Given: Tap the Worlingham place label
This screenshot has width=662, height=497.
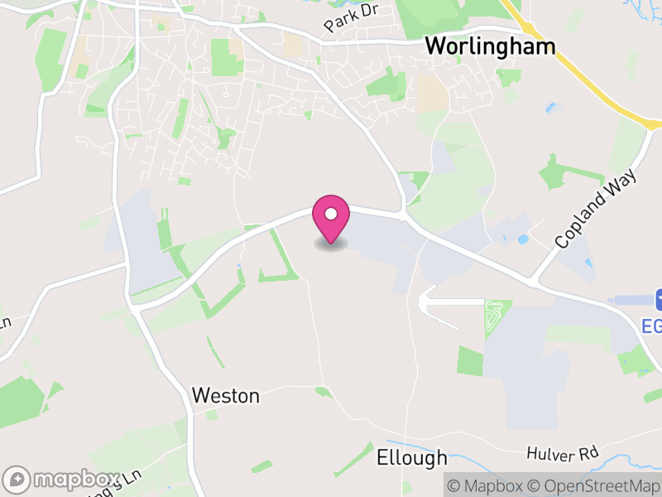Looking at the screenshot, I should pos(490,46).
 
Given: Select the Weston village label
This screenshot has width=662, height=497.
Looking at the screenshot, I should pos(225,396).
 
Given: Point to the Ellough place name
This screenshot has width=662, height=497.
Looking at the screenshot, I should pos(411,457).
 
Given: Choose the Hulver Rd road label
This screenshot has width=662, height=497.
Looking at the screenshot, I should pos(562,454).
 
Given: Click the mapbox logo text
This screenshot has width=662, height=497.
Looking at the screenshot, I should pos(75,480).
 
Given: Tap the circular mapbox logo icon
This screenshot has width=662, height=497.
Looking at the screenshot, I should pos(17,480).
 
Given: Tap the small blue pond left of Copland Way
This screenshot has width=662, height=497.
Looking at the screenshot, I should pos(522,239).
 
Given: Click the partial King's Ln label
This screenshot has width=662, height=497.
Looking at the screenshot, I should pos(124,480).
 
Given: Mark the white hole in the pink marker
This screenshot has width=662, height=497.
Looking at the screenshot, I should pos(330,215).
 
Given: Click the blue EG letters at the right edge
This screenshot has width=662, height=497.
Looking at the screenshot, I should pos(652,326).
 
